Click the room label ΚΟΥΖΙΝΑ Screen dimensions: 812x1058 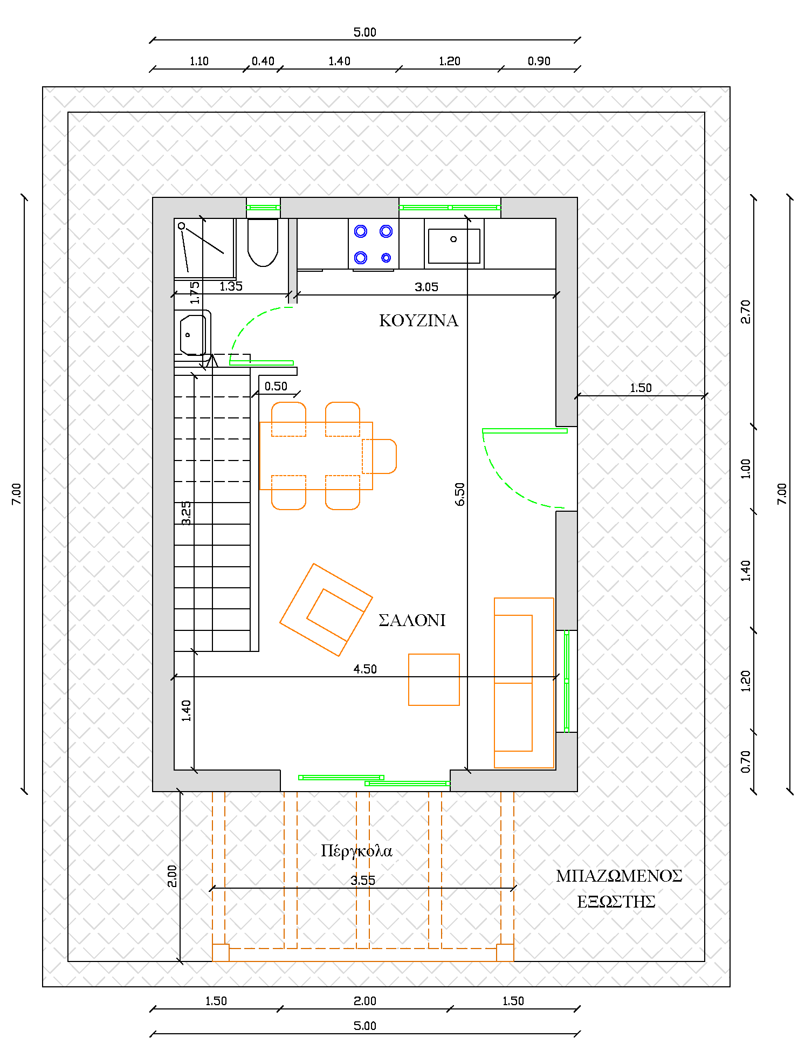tap(418, 321)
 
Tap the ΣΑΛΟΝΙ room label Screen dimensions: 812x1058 tap(412, 621)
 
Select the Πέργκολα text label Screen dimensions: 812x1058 tap(356, 851)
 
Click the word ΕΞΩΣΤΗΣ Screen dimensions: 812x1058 tap(616, 902)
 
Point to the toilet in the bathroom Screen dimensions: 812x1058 tap(263, 242)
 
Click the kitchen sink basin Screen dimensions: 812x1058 tap(454, 246)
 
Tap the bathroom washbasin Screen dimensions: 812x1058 tap(192, 335)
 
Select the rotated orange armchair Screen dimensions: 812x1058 tap(326, 610)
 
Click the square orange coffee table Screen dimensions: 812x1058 tap(434, 679)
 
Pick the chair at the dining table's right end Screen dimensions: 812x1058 tap(380, 456)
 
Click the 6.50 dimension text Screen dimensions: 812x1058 tap(459, 494)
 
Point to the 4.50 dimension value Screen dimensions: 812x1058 tap(365, 669)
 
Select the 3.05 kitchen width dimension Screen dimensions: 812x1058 tap(426, 287)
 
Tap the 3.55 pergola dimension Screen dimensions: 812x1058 tap(363, 881)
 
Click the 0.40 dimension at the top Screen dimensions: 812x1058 tap(263, 61)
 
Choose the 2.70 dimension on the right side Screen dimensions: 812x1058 tap(746, 312)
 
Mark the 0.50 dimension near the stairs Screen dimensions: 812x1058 tap(276, 386)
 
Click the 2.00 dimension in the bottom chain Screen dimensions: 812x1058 tap(365, 1001)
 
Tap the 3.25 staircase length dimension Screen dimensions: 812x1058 tap(186, 513)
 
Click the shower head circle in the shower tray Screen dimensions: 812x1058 tap(182, 226)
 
